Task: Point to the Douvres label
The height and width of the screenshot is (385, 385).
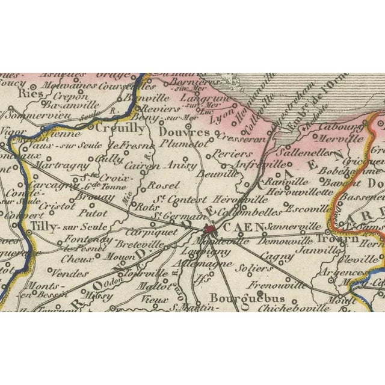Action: click(x=185, y=132)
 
